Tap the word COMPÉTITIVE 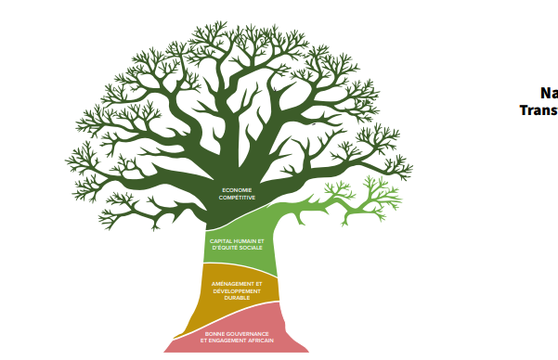click(237, 198)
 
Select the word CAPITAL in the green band click(221, 240)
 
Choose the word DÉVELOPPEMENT click(237, 290)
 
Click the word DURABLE click(237, 298)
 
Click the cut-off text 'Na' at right click(549, 93)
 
